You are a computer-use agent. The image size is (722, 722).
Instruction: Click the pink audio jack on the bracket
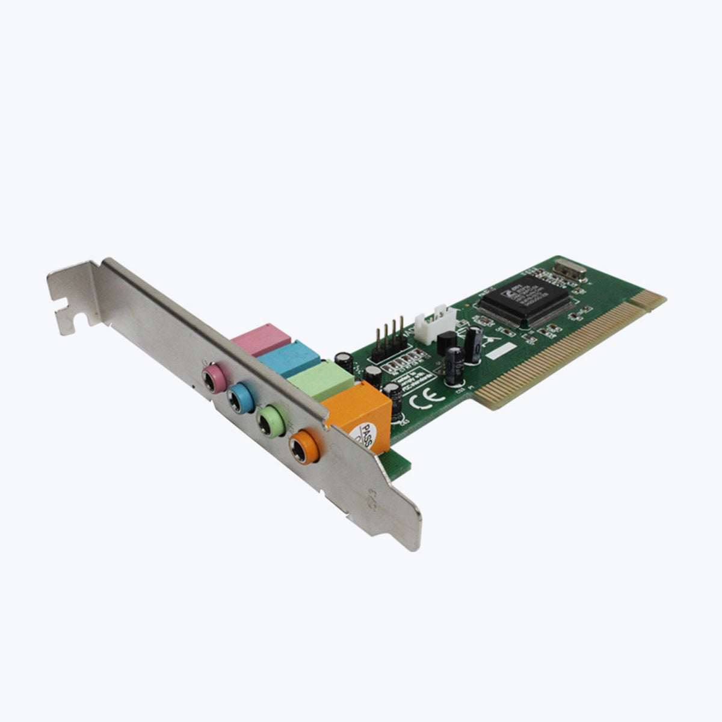213,377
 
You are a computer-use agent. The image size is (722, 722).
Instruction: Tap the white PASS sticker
368,436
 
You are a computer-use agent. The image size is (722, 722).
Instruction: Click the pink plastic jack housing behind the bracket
261,339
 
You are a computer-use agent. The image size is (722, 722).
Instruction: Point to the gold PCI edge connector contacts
572,349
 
